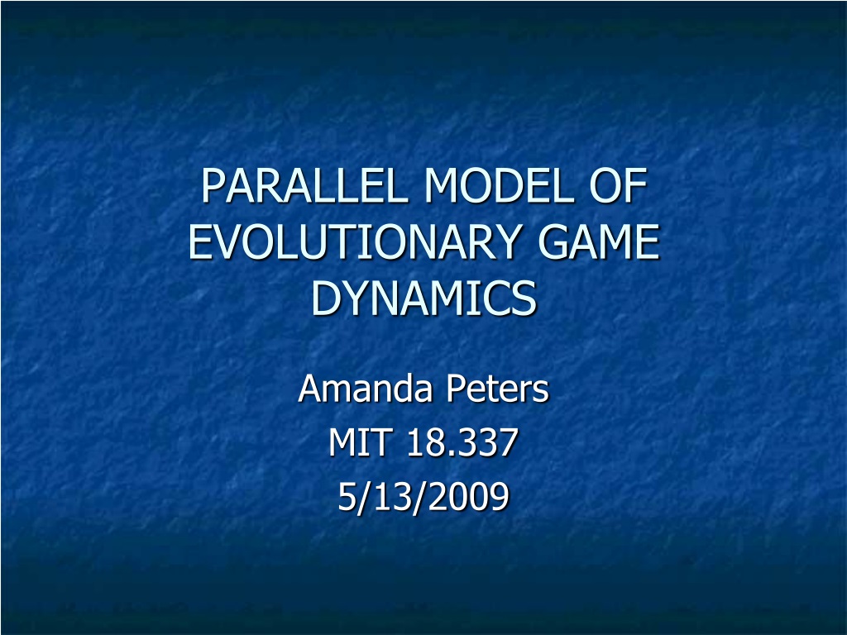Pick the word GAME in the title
coord(600,241)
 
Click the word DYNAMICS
coord(423,298)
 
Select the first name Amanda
coord(366,389)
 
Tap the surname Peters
coord(497,389)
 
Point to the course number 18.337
coord(462,442)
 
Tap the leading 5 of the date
coord(347,496)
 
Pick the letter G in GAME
coord(553,241)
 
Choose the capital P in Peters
coord(456,389)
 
